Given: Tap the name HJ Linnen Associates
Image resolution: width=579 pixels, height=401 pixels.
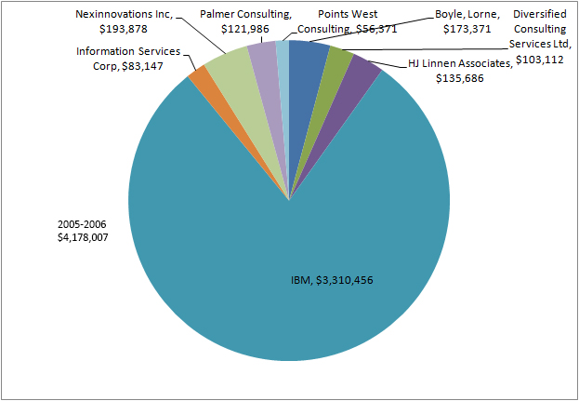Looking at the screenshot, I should (x=460, y=64).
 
